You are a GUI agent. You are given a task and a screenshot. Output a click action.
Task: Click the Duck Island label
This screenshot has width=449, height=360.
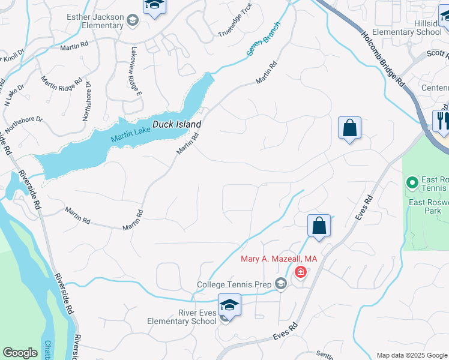coord(176,124)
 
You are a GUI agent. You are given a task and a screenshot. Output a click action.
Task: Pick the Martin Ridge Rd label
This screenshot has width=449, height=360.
coord(61,88)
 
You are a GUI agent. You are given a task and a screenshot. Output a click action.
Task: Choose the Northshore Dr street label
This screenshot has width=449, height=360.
coord(23,123)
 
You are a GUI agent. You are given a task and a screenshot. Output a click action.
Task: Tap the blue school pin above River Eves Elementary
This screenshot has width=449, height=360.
coord(229,305)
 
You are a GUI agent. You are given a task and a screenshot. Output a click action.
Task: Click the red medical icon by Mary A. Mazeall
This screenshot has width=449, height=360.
coord(300,273)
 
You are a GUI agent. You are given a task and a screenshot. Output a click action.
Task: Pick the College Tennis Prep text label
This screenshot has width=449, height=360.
coord(235,284)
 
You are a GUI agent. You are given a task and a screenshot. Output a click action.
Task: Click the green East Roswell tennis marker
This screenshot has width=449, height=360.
coord(412,181)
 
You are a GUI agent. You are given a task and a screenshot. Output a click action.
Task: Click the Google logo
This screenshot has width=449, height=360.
coord(20,353)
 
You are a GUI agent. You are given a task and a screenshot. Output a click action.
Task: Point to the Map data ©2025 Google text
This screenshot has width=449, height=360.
coord(412,355)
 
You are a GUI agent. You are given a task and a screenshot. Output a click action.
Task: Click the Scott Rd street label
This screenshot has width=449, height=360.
coord(436,54)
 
